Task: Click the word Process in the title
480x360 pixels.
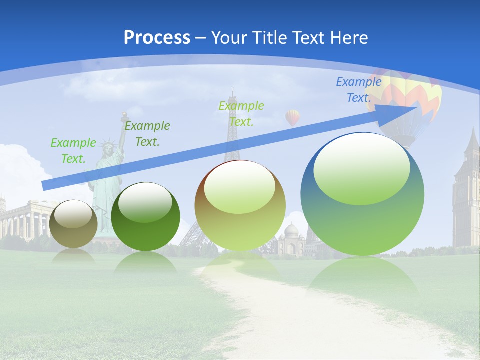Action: pyautogui.click(x=157, y=38)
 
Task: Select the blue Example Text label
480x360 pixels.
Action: pyautogui.click(x=359, y=90)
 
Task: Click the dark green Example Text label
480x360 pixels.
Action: pyautogui.click(x=147, y=134)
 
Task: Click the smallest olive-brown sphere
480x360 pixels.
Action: pyautogui.click(x=74, y=224)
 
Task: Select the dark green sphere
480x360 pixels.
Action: pyautogui.click(x=145, y=216)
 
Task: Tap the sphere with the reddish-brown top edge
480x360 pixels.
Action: pyautogui.click(x=240, y=205)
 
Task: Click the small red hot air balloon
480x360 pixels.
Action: pyautogui.click(x=293, y=117)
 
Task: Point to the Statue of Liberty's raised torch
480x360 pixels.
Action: pyautogui.click(x=122, y=117)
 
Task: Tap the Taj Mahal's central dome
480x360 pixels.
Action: pyautogui.click(x=291, y=230)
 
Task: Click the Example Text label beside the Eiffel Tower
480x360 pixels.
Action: pyautogui.click(x=241, y=114)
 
